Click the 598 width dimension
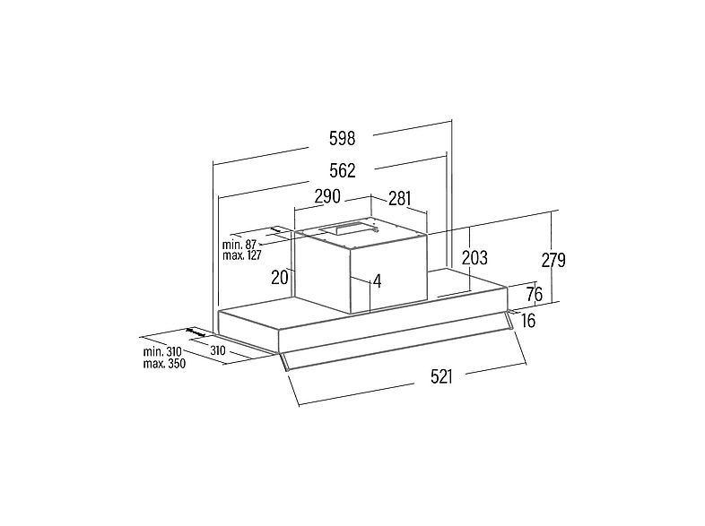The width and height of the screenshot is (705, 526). [x=342, y=138]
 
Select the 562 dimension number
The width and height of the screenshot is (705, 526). [x=342, y=170]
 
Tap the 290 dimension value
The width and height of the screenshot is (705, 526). [x=327, y=196]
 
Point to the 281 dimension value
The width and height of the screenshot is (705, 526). [x=400, y=198]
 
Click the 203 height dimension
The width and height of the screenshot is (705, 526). [x=474, y=258]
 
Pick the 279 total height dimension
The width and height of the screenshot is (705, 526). [x=553, y=260]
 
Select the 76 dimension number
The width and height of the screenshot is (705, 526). [x=535, y=294]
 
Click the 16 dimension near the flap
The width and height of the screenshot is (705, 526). [x=529, y=321]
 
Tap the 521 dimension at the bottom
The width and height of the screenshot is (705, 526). [x=441, y=376]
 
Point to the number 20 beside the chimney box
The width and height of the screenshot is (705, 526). [x=280, y=278]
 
